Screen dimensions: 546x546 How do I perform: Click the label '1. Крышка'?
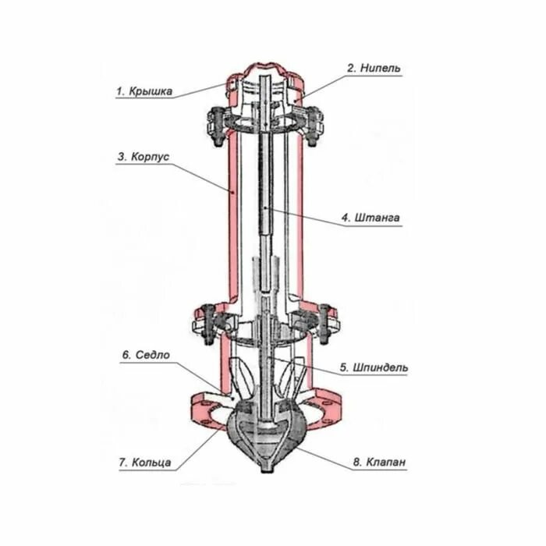144,91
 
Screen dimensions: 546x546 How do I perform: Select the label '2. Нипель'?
374,68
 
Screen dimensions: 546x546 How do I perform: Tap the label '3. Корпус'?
144,156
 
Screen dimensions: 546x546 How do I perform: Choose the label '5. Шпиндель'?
373,367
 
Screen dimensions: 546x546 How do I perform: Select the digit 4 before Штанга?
344,218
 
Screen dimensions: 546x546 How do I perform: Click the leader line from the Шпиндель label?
320,369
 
